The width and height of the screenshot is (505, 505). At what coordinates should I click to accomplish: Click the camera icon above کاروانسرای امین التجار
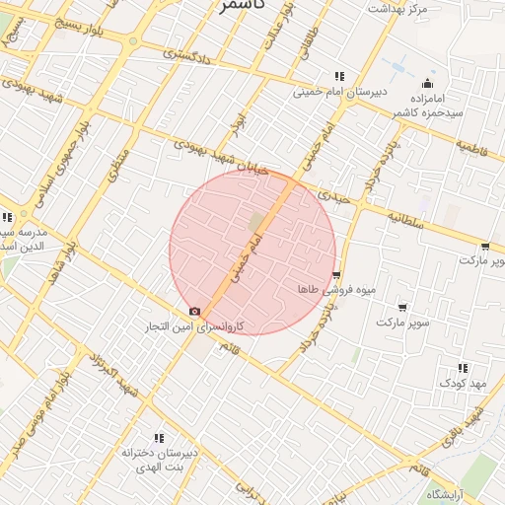(194, 311)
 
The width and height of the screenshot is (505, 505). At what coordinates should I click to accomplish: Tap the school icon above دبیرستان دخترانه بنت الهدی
(158, 437)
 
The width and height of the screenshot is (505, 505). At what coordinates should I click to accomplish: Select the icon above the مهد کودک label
(464, 368)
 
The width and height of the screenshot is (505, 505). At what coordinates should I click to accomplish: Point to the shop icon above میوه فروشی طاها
(337, 275)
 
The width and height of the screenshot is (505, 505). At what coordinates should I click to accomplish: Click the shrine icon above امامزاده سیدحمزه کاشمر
(426, 83)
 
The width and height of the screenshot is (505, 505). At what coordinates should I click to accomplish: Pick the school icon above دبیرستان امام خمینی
(338, 76)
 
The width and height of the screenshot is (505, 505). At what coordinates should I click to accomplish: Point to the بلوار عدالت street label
(271, 31)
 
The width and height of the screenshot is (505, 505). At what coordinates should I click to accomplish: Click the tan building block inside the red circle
(258, 222)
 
